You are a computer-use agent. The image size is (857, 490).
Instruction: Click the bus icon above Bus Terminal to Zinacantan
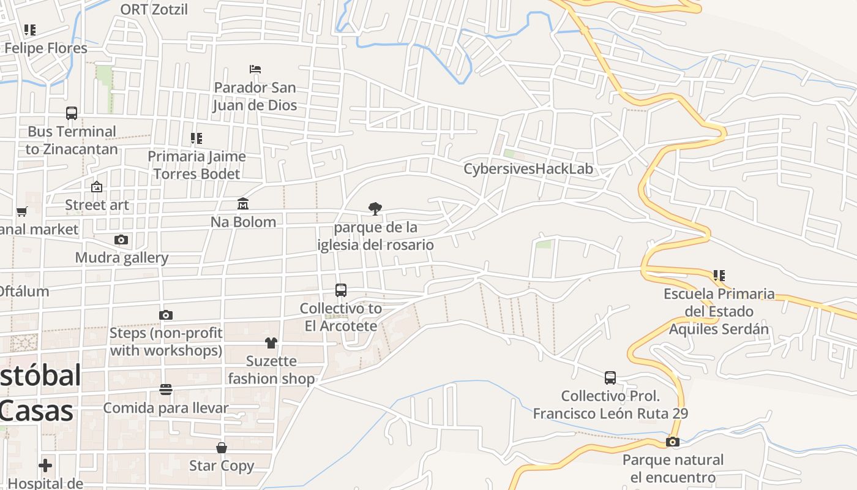click(x=72, y=113)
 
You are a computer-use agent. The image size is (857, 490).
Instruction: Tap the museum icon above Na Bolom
click(x=243, y=203)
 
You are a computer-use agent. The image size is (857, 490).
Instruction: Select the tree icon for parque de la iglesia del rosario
click(x=375, y=209)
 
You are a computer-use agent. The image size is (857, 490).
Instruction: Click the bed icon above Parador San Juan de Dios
click(x=255, y=69)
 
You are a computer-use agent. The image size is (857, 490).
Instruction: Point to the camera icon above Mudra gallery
click(x=121, y=239)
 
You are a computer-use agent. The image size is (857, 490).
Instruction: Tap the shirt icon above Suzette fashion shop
click(x=271, y=342)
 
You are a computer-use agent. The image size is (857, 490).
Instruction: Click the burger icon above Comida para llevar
click(x=166, y=390)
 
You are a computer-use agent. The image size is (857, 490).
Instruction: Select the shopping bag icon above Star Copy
click(x=222, y=448)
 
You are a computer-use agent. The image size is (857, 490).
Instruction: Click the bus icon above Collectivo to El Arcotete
click(x=341, y=290)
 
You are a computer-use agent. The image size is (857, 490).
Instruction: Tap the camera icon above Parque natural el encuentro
click(x=673, y=442)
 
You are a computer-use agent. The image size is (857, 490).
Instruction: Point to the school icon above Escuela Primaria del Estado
click(x=719, y=276)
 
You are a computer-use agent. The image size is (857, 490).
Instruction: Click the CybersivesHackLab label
click(x=528, y=169)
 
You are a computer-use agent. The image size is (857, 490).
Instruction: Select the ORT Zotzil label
click(x=154, y=9)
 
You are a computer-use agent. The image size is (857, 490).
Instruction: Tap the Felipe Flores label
click(x=46, y=48)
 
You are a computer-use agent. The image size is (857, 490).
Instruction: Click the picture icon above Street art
click(x=97, y=187)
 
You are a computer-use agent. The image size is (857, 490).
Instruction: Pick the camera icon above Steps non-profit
click(x=166, y=315)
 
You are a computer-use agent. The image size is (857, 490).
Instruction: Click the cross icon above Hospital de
click(x=45, y=466)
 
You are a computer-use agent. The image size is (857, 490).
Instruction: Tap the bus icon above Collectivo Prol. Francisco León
click(x=610, y=377)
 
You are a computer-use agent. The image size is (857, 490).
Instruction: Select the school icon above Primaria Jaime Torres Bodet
click(x=196, y=138)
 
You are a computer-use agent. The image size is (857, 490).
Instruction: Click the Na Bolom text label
click(x=243, y=222)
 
